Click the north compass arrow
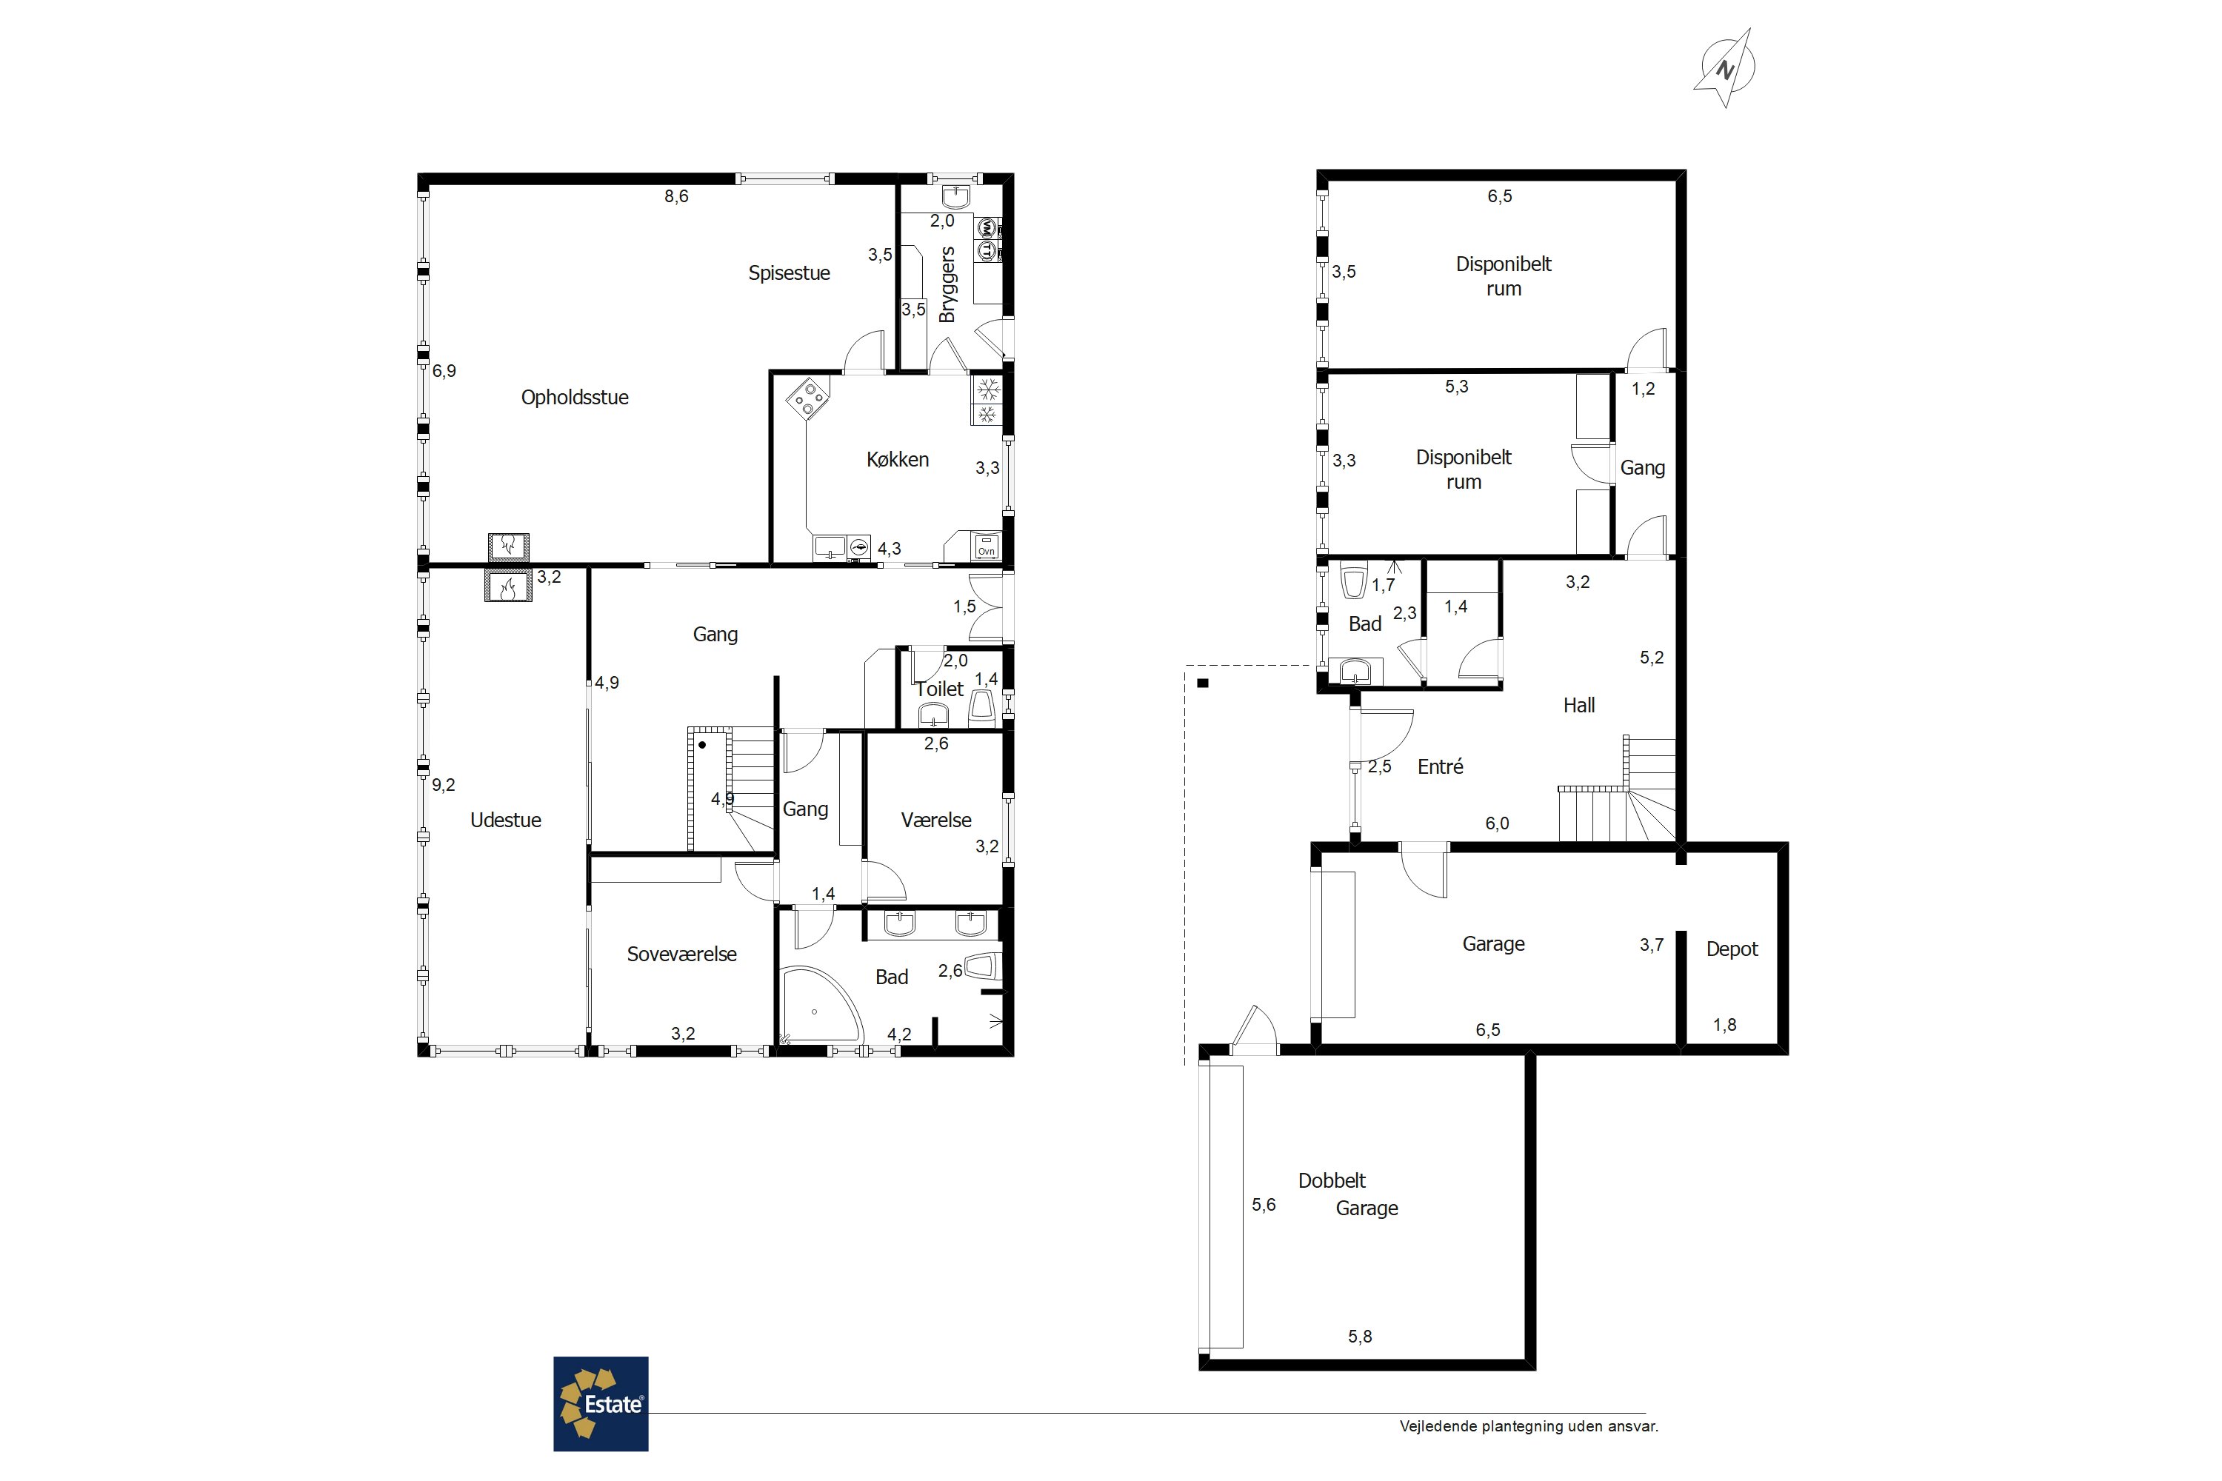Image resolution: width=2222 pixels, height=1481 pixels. tap(1725, 68)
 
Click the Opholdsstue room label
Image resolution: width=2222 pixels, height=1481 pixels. tap(575, 398)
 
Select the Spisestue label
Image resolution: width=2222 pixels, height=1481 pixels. tap(789, 273)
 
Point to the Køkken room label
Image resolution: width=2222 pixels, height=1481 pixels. tap(898, 459)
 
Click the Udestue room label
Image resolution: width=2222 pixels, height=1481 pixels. tap(505, 820)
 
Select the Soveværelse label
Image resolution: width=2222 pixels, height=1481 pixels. tap(681, 954)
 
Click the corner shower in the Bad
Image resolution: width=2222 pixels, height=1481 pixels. tap(818, 1005)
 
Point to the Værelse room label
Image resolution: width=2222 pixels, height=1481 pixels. tap(936, 820)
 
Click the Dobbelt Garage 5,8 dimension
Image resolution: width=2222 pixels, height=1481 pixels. tap(1359, 1337)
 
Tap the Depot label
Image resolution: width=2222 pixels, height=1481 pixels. tap(1732, 949)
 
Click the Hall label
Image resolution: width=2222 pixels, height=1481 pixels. tap(1578, 705)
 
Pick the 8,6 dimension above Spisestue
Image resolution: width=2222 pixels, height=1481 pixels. tap(675, 196)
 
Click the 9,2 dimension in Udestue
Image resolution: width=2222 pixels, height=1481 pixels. tap(443, 785)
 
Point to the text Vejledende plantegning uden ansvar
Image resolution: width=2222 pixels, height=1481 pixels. tap(1529, 1426)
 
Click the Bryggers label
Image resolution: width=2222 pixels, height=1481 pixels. tap(947, 284)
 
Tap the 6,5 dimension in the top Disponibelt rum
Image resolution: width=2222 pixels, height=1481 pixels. tap(1499, 196)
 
